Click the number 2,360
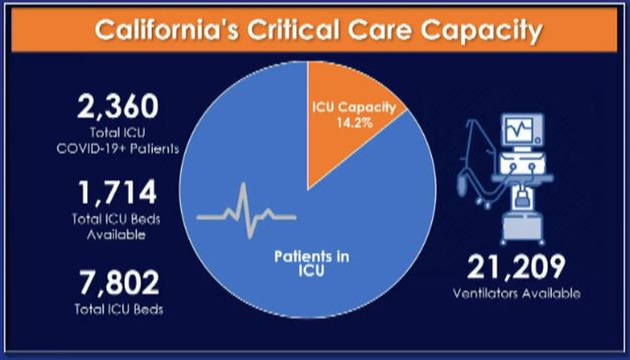118,107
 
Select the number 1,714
118,193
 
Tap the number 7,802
119,283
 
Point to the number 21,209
517,266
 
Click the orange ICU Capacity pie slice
346,116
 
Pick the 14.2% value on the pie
355,122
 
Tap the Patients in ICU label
311,264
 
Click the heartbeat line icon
247,211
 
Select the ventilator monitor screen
519,130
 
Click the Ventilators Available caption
517,293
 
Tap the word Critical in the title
294,30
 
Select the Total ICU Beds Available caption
116,227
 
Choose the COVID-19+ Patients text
118,149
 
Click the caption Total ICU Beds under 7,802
119,309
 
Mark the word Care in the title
380,31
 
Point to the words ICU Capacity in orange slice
354,108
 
